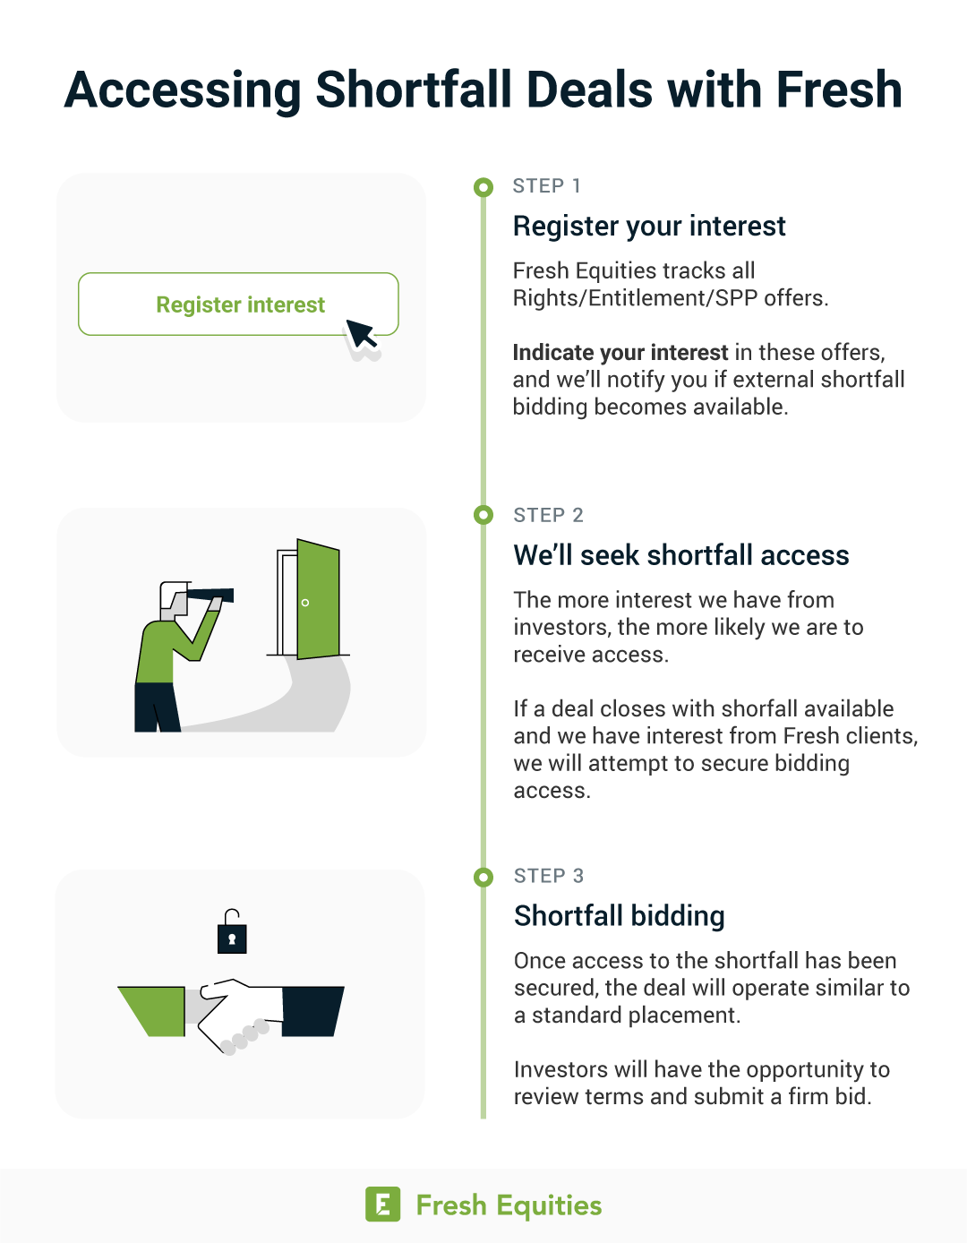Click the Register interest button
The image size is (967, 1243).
238,304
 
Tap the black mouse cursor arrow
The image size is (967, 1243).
360,333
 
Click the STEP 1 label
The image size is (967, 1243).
546,186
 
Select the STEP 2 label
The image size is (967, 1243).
548,515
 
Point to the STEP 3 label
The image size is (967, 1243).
548,876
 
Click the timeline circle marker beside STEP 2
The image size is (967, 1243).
483,515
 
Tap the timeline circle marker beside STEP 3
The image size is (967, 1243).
483,877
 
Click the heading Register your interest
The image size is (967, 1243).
649,226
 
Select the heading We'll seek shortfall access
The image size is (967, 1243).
681,555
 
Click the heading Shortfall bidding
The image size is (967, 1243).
620,916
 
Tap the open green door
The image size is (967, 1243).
318,599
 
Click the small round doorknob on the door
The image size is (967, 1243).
304,603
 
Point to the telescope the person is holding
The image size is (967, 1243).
210,595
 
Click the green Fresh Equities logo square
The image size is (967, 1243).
382,1204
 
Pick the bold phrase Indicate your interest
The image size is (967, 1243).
620,352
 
